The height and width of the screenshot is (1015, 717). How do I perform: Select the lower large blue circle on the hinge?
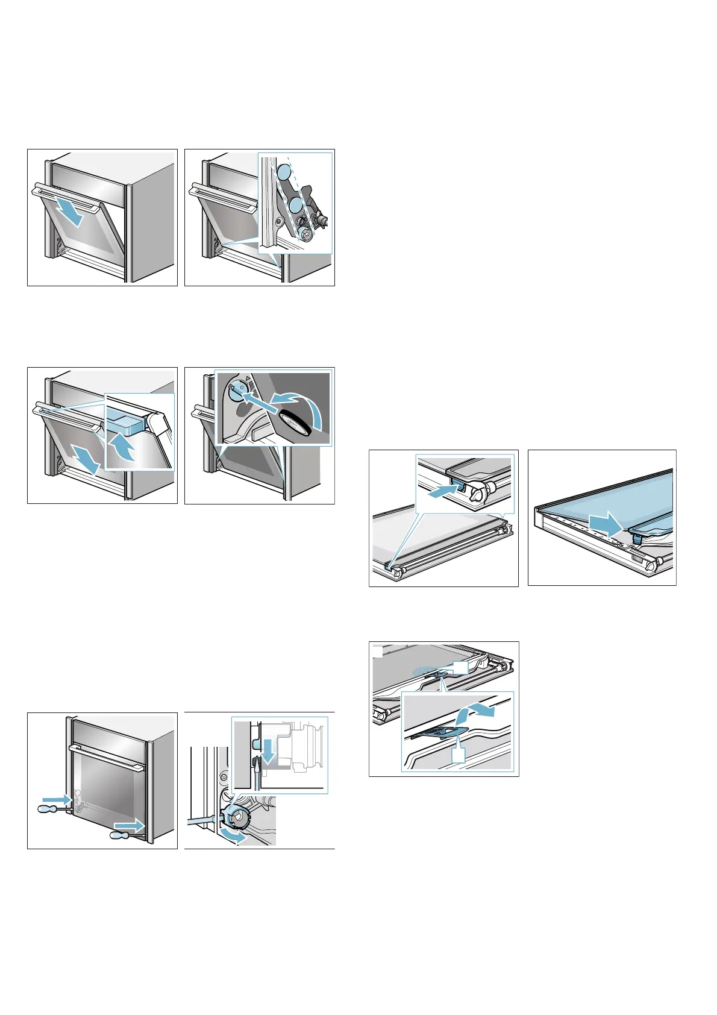click(295, 206)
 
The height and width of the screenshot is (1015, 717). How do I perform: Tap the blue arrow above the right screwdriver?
click(130, 824)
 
